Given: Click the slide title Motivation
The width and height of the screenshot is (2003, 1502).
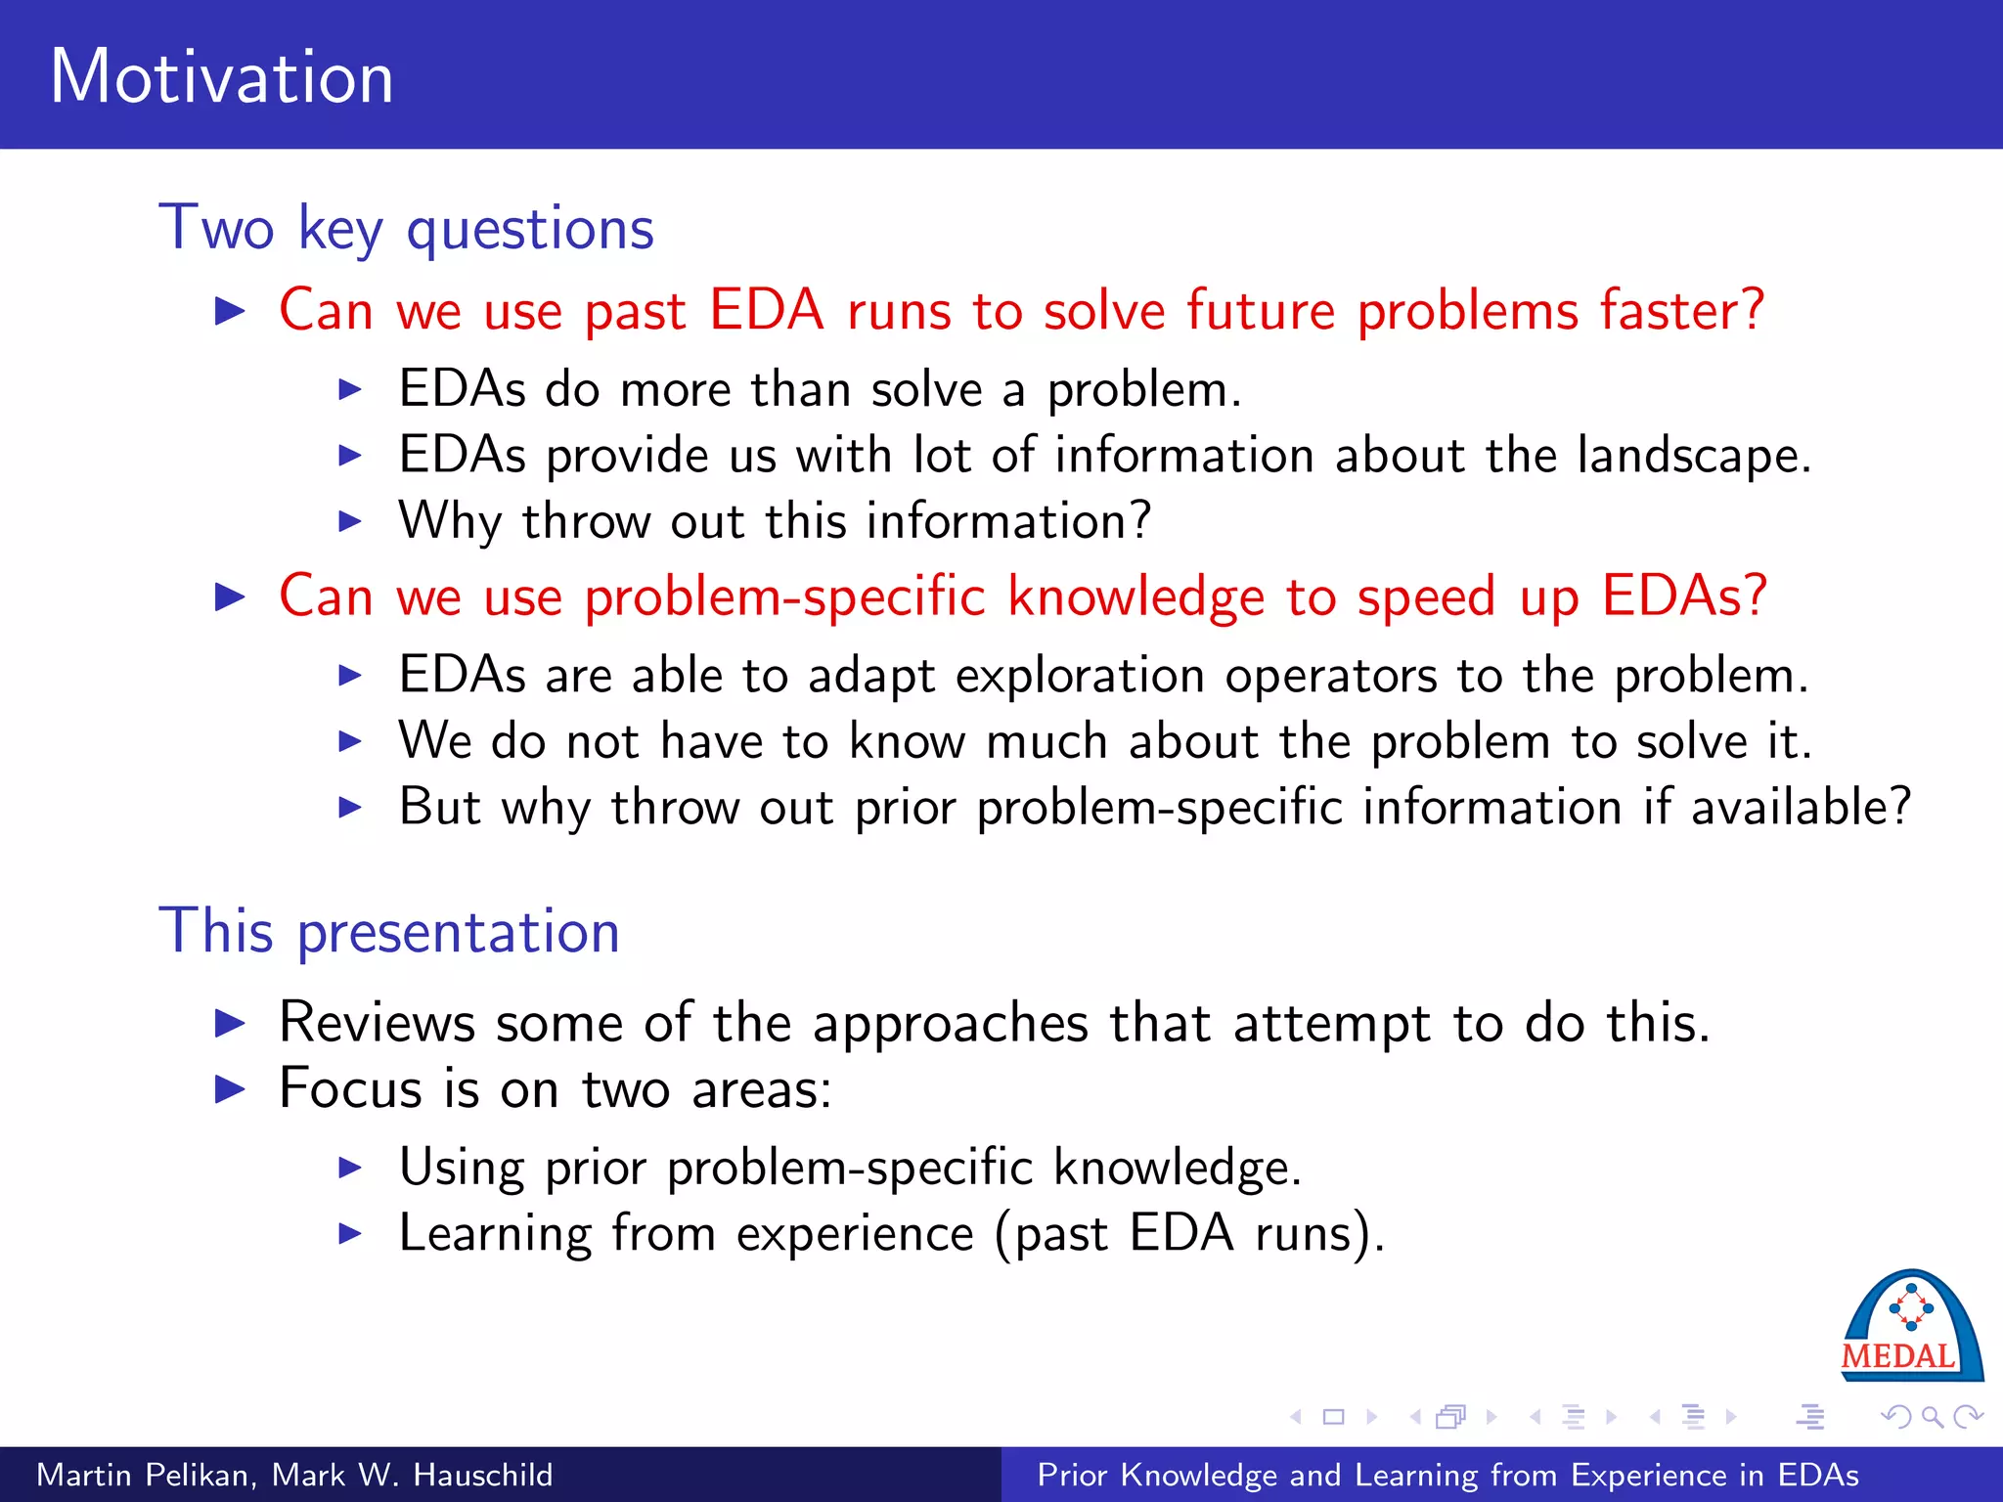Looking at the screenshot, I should pos(222,77).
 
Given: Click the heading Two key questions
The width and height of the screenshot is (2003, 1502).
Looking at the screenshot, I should pos(406,228).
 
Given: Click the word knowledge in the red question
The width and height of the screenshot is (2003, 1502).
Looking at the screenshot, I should pos(1136,597).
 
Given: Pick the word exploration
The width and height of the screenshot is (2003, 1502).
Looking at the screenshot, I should pos(1080,676).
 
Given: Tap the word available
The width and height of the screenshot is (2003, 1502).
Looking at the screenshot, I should pos(1801,808).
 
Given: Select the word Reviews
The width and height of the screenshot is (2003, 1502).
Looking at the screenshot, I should pos(377,1023).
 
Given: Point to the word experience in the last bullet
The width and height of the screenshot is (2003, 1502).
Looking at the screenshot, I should pos(855,1234).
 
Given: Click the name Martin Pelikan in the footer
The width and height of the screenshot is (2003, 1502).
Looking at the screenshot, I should pos(144,1475).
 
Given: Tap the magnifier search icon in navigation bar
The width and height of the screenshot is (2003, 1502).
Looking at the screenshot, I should pos(1932,1416).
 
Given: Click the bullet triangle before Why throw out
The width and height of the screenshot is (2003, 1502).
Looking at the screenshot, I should pos(349,521).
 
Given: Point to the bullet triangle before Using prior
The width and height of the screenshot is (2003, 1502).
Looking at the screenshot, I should pos(349,1168).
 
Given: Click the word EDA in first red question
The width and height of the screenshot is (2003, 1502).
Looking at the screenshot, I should pos(766,311).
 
